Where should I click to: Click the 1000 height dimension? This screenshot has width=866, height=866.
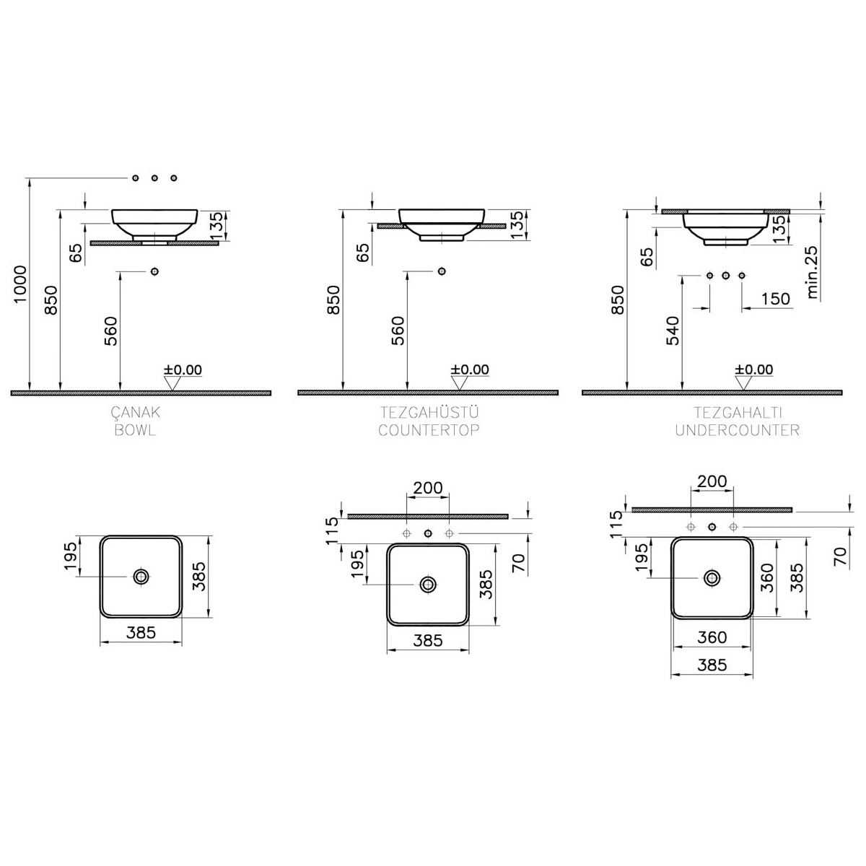coord(20,284)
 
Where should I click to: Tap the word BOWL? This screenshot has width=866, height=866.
coord(135,430)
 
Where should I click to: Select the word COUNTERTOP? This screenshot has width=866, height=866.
coord(429,430)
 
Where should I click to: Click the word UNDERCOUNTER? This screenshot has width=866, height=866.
coord(738,430)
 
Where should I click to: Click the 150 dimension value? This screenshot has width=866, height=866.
coord(776,298)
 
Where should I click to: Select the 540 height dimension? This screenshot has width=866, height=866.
coord(673,331)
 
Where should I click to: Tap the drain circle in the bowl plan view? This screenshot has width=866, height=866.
coord(141,577)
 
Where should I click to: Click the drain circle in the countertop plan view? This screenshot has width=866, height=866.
coord(428,585)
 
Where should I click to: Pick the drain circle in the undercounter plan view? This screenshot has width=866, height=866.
coord(712,577)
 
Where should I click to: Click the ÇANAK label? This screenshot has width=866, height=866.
coord(135,412)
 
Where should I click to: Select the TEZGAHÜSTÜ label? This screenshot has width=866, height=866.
coord(429,411)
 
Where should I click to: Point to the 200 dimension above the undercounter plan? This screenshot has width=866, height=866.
coord(712,481)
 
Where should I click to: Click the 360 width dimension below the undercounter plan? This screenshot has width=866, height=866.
coord(712,637)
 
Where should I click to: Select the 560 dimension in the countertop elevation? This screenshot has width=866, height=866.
coord(398,331)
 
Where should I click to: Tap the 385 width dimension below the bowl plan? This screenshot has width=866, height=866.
coord(141,632)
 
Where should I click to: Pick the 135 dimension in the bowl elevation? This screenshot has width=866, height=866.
coord(216,226)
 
